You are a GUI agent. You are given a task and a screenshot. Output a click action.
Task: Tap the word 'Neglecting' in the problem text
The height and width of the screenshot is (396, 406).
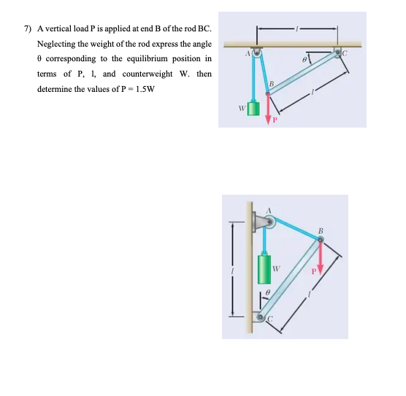coord(55,44)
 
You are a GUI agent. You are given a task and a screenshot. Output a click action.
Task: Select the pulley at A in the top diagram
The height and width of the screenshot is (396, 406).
coord(256,53)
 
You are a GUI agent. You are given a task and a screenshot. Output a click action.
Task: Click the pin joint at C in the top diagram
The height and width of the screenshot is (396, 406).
coord(339,53)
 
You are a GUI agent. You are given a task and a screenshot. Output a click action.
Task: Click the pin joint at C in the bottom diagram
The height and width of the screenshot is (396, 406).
coord(262,317)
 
